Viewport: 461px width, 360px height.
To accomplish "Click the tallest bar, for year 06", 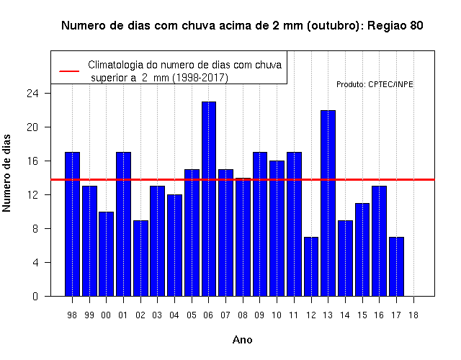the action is [x=209, y=199].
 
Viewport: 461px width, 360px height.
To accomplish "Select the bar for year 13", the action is [x=328, y=203].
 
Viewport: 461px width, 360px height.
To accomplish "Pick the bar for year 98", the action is [x=72, y=224].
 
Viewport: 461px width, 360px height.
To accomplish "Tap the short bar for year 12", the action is [x=311, y=266].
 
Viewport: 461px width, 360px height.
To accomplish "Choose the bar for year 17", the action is [x=396, y=266].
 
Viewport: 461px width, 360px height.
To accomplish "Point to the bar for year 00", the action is [x=107, y=254].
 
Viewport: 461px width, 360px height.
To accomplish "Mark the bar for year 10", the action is [x=277, y=228].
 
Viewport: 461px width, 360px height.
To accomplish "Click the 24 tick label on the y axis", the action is [x=33, y=94].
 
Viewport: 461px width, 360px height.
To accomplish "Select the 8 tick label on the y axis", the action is [x=35, y=229].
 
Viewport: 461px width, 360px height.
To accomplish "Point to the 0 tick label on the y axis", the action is [x=35, y=296].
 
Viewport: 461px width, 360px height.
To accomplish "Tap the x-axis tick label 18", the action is [x=413, y=315].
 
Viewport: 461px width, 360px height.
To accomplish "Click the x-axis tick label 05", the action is [x=192, y=315].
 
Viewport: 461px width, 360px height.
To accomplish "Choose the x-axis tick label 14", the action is [x=345, y=315].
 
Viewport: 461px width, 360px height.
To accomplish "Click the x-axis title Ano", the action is [x=243, y=340].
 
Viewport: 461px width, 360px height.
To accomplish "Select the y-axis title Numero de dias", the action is [x=6, y=173].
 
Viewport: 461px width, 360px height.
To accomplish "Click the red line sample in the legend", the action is [x=69, y=71].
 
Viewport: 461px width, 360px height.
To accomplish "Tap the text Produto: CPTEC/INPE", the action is [x=375, y=85].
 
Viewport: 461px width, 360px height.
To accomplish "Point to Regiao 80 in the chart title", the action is [x=395, y=26].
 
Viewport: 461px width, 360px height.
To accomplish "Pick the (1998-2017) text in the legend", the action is [x=200, y=78].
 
